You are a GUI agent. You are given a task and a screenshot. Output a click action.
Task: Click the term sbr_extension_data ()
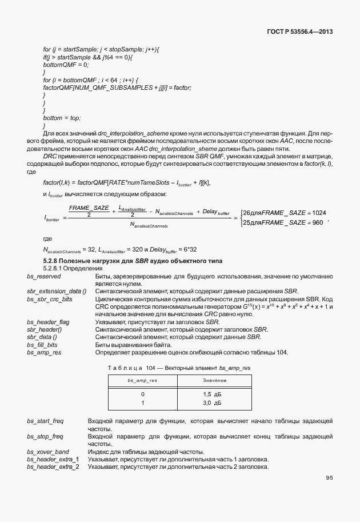click(x=56, y=291)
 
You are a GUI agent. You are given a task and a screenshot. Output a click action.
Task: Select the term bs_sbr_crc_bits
click(x=50, y=299)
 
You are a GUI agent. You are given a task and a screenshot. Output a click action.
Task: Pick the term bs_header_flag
click(x=48, y=322)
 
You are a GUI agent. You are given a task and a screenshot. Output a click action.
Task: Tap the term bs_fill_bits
click(x=43, y=344)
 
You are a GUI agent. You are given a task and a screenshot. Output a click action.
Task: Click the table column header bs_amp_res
click(x=142, y=380)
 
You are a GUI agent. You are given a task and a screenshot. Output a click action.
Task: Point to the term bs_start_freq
click(x=45, y=421)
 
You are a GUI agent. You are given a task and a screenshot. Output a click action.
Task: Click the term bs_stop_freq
click(x=45, y=436)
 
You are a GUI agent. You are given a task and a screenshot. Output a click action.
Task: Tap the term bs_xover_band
click(x=48, y=452)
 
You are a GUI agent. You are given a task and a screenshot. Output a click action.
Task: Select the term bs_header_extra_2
click(x=53, y=467)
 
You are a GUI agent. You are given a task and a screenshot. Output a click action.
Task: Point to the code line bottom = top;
click(x=62, y=118)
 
